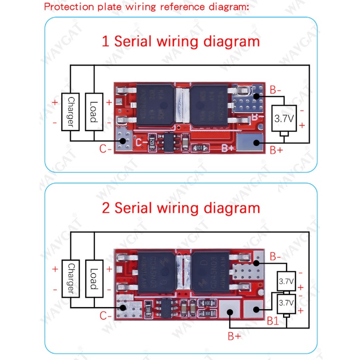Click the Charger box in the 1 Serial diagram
pos(71,111)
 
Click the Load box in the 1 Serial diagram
pos(93,111)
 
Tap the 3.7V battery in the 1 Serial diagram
pos(284,119)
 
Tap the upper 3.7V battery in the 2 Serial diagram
pos(285,282)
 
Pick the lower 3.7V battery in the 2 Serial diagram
pos(285,303)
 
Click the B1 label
pos(273,321)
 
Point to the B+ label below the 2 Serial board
pos(234,336)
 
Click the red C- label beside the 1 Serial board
pos(106,149)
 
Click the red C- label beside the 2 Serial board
pos(106,316)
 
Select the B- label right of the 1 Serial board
pos(276,90)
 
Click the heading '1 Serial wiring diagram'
pos(181,41)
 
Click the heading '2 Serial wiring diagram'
pos(181,208)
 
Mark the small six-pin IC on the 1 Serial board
pos(169,143)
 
